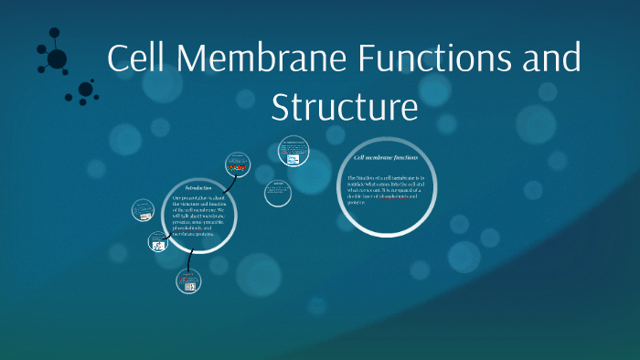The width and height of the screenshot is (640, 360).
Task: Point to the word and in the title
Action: tap(549, 60)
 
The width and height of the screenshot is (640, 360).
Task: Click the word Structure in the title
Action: tap(345, 108)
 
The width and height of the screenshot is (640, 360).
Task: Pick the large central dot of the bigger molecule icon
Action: tap(57, 59)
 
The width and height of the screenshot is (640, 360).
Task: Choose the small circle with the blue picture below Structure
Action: tap(293, 152)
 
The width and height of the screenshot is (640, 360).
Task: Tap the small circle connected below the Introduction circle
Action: tap(188, 281)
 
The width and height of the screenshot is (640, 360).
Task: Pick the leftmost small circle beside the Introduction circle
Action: tap(143, 209)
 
